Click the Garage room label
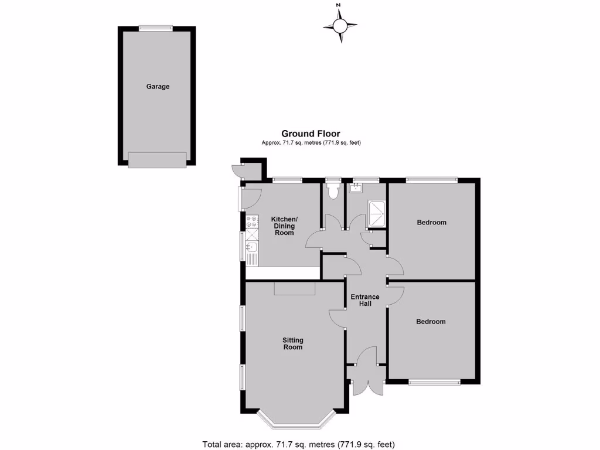(x=158, y=87)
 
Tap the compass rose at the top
(x=340, y=25)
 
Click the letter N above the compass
(x=338, y=5)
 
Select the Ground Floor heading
(x=311, y=134)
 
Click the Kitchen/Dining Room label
(x=283, y=226)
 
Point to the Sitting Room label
(x=293, y=343)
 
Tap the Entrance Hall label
(x=365, y=300)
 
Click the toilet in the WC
(x=334, y=190)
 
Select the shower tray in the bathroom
(x=376, y=214)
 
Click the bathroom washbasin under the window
(x=356, y=187)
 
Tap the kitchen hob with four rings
(x=253, y=222)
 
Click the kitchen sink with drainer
(x=252, y=251)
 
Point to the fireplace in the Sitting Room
(x=295, y=288)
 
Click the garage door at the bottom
(x=157, y=159)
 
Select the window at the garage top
(x=156, y=28)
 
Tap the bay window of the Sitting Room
(x=296, y=420)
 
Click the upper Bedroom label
(x=431, y=223)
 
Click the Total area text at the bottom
(x=303, y=444)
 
